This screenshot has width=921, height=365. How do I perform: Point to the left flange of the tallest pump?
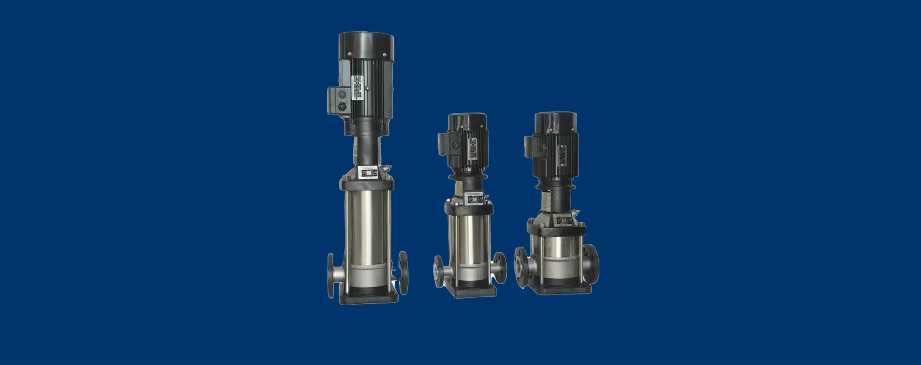coord(331,275)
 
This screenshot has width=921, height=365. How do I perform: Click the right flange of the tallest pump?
coord(403,273)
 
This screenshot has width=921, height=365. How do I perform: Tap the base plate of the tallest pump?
coord(368,297)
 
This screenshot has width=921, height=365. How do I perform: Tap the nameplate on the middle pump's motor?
coord(473,149)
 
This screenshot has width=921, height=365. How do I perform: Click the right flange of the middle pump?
coord(500,268)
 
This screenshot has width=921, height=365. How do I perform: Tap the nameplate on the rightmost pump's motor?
coord(562,154)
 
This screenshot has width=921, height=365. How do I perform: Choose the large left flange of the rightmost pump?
coord(522,267)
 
